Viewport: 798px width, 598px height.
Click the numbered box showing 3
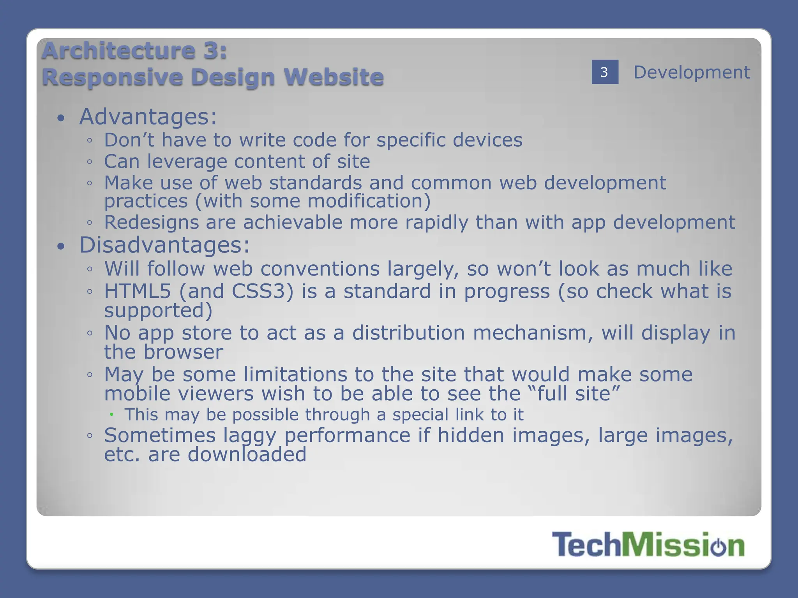coord(605,72)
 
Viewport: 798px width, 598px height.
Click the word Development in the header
coord(692,72)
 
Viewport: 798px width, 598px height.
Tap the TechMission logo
coord(648,545)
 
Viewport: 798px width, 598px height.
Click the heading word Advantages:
coord(148,116)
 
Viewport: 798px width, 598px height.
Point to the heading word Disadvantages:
coord(164,245)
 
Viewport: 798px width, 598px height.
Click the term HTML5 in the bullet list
coord(138,291)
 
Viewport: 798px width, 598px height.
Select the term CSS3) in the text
coord(262,291)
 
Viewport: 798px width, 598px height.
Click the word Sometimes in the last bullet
coord(160,435)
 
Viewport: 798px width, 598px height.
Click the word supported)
coord(158,311)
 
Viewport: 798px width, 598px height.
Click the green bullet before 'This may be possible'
coord(111,414)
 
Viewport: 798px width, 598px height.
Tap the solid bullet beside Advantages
coord(60,118)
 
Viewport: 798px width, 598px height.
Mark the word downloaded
coord(247,455)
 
